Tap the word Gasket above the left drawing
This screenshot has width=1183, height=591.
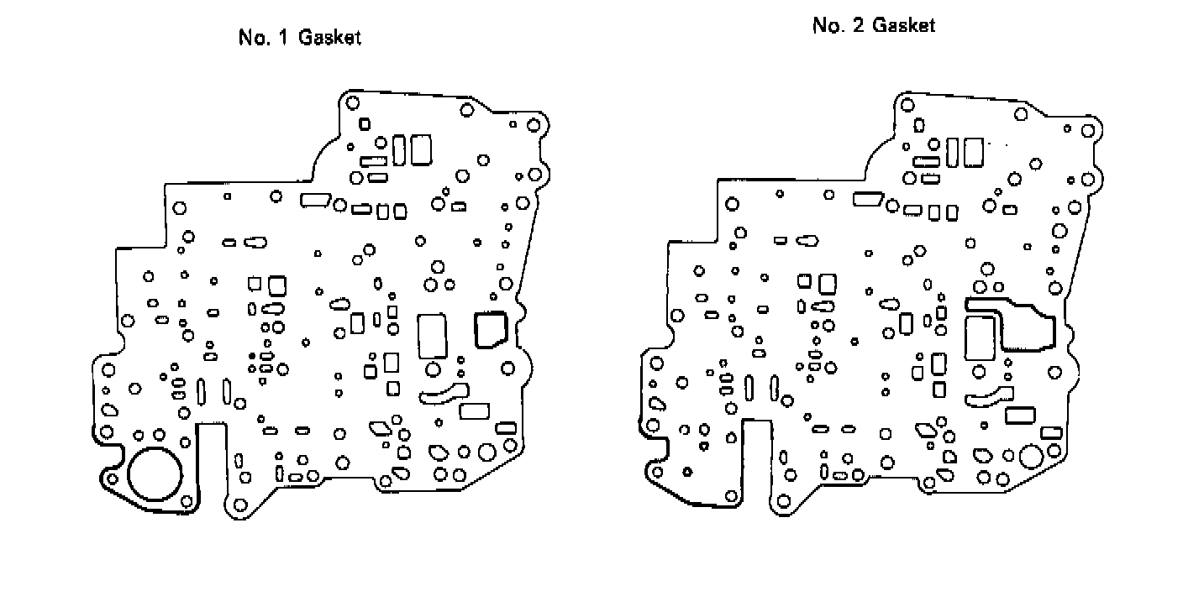tap(329, 39)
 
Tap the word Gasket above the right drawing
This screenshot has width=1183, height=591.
tap(904, 25)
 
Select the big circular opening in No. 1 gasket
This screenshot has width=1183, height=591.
tap(155, 473)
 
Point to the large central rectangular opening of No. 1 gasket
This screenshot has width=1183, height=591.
tap(433, 335)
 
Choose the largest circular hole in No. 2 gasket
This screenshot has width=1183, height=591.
tap(1030, 458)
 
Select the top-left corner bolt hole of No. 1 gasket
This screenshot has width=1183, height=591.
tap(353, 102)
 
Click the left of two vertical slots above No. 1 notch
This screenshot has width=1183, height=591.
tap(202, 390)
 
